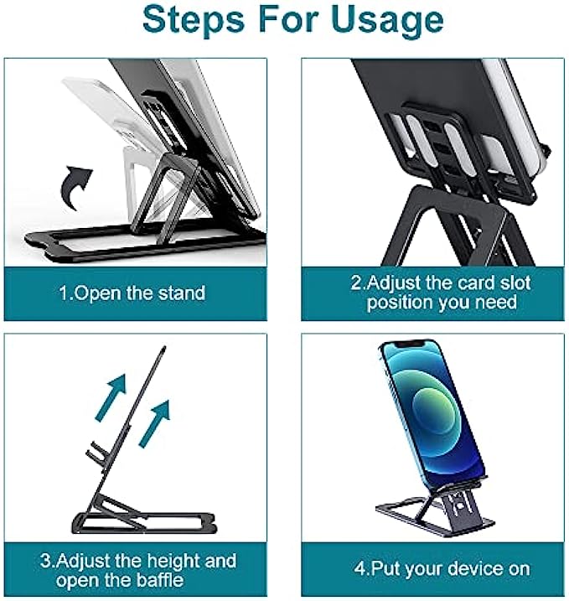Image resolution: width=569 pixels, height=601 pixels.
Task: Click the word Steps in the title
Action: click(194, 20)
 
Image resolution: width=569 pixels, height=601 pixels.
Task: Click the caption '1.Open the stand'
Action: click(132, 293)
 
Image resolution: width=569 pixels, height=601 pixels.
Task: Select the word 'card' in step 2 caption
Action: click(479, 282)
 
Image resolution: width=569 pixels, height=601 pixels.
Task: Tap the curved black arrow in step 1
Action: click(76, 187)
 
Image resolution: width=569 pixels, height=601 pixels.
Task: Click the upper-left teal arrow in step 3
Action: click(111, 397)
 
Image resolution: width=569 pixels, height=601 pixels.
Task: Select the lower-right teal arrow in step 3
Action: click(154, 423)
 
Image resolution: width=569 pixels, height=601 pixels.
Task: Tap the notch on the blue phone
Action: click(410, 344)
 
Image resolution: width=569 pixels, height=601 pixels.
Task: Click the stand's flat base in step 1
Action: click(146, 243)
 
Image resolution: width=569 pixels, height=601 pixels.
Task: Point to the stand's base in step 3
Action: click(143, 522)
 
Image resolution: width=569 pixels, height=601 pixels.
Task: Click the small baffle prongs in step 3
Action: click(96, 452)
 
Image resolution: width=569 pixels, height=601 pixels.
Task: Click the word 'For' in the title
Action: click(288, 19)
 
